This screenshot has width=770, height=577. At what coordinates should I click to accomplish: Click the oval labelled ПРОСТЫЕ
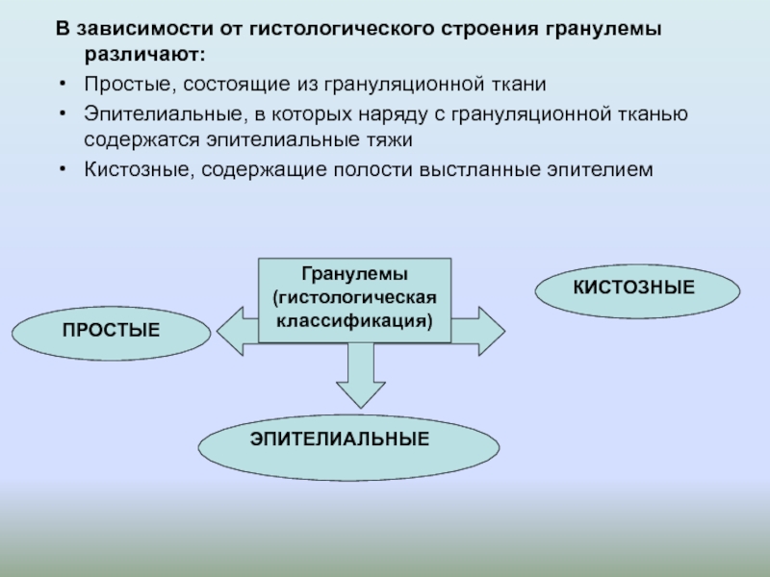click(x=111, y=331)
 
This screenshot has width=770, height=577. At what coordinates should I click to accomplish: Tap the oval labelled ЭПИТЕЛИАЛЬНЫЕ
click(x=348, y=439)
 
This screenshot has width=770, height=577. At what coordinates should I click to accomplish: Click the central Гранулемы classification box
click(x=354, y=299)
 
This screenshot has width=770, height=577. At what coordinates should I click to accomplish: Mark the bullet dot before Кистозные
click(x=62, y=170)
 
